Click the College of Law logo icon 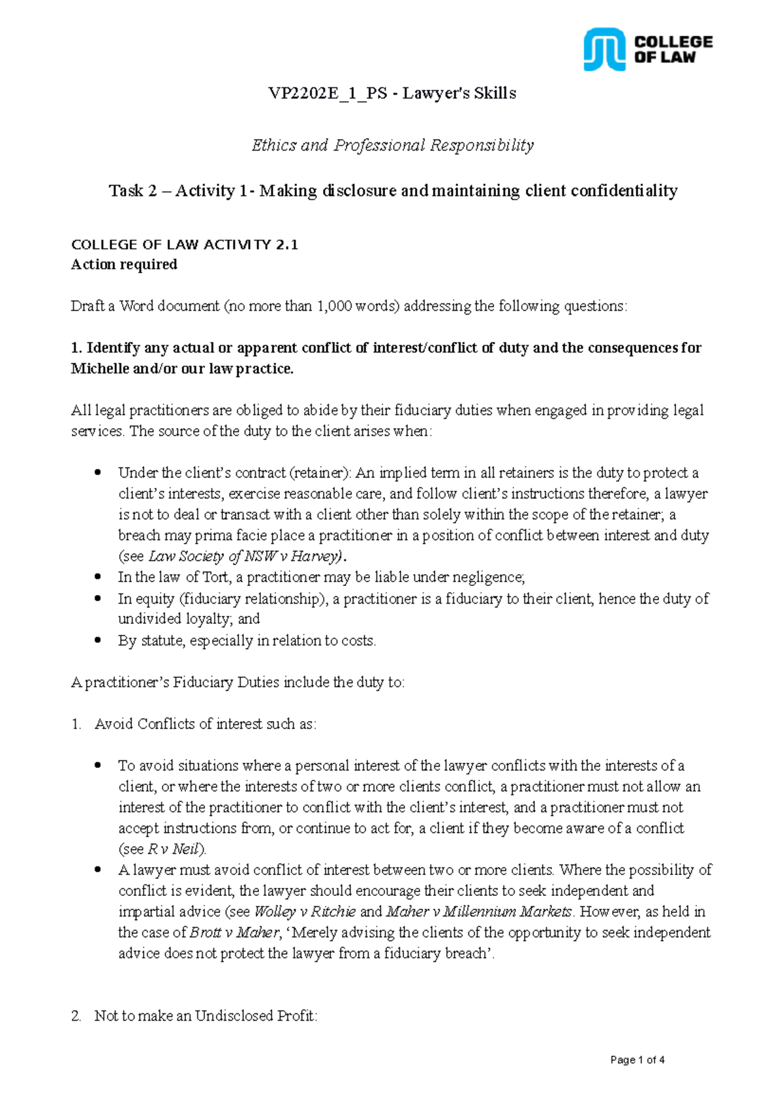point(604,49)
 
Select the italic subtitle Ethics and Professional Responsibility point(393,145)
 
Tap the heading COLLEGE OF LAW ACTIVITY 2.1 point(185,245)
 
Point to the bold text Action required point(124,264)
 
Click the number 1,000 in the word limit point(334,306)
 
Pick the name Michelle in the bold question point(100,369)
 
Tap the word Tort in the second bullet point(215,577)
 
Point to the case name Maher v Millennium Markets point(479,912)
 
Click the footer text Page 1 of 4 point(637,1060)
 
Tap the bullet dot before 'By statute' point(98,640)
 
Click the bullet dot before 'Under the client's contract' point(98,472)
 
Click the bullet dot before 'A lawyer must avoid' point(98,869)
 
